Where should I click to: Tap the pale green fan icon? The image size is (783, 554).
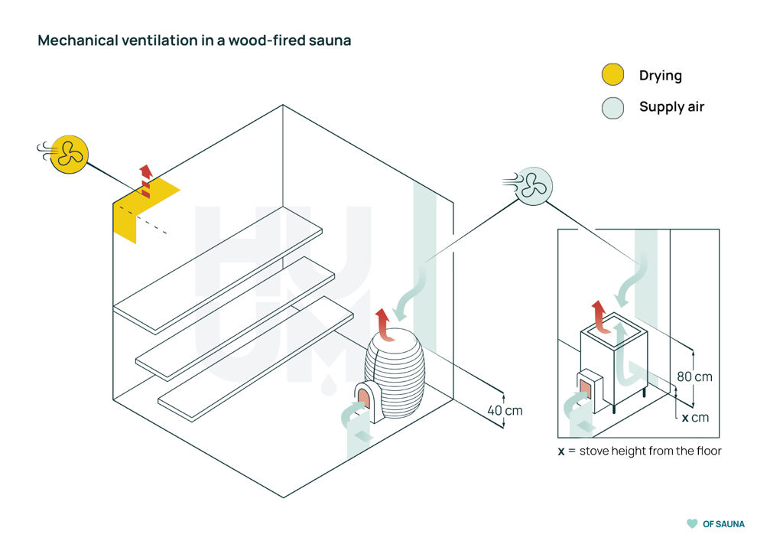point(534,185)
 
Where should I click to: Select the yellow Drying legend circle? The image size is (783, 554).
point(612,75)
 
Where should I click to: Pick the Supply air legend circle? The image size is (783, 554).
point(612,107)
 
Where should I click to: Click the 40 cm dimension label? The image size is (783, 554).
point(505,410)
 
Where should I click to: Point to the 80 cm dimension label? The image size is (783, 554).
point(694,376)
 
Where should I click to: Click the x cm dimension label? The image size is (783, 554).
point(695,418)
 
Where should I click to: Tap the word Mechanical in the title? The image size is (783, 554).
point(75,41)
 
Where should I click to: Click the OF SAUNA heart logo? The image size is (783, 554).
point(691,524)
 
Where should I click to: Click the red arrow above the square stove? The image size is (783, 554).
point(599,314)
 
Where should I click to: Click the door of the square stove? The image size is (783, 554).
point(587,389)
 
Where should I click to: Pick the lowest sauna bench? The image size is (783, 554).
point(256,358)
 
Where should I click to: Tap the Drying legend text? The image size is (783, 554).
point(660,75)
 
